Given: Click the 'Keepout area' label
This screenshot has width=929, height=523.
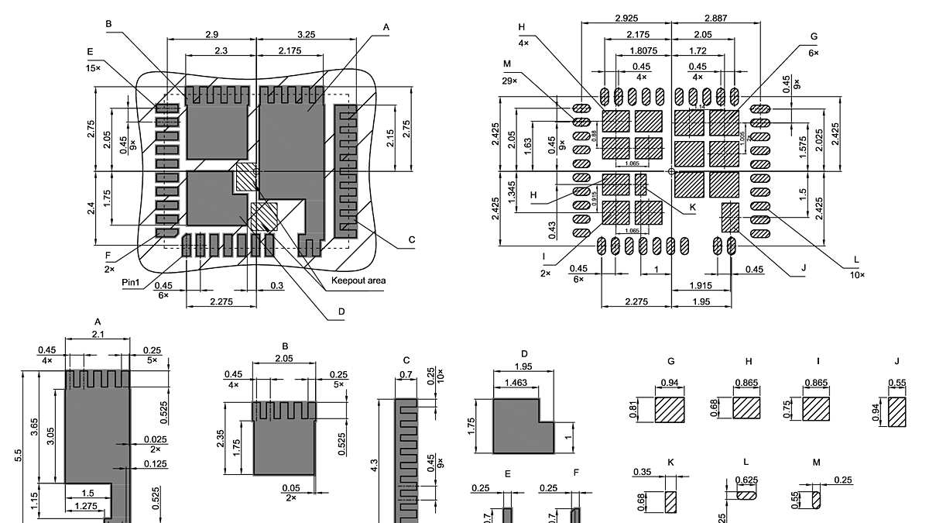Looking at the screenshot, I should pyautogui.click(x=358, y=280).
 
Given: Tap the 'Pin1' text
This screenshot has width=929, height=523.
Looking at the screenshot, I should pyautogui.click(x=131, y=283).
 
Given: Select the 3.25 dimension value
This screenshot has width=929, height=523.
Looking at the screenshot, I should pyautogui.click(x=305, y=34).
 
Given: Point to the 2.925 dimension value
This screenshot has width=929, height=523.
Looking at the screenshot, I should pyautogui.click(x=626, y=17).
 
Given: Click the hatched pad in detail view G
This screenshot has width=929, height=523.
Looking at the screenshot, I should pyautogui.click(x=670, y=409).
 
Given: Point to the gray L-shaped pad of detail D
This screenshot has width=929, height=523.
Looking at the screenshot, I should pyautogui.click(x=516, y=425).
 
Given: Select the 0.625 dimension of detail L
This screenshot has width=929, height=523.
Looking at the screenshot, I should pyautogui.click(x=747, y=481).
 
